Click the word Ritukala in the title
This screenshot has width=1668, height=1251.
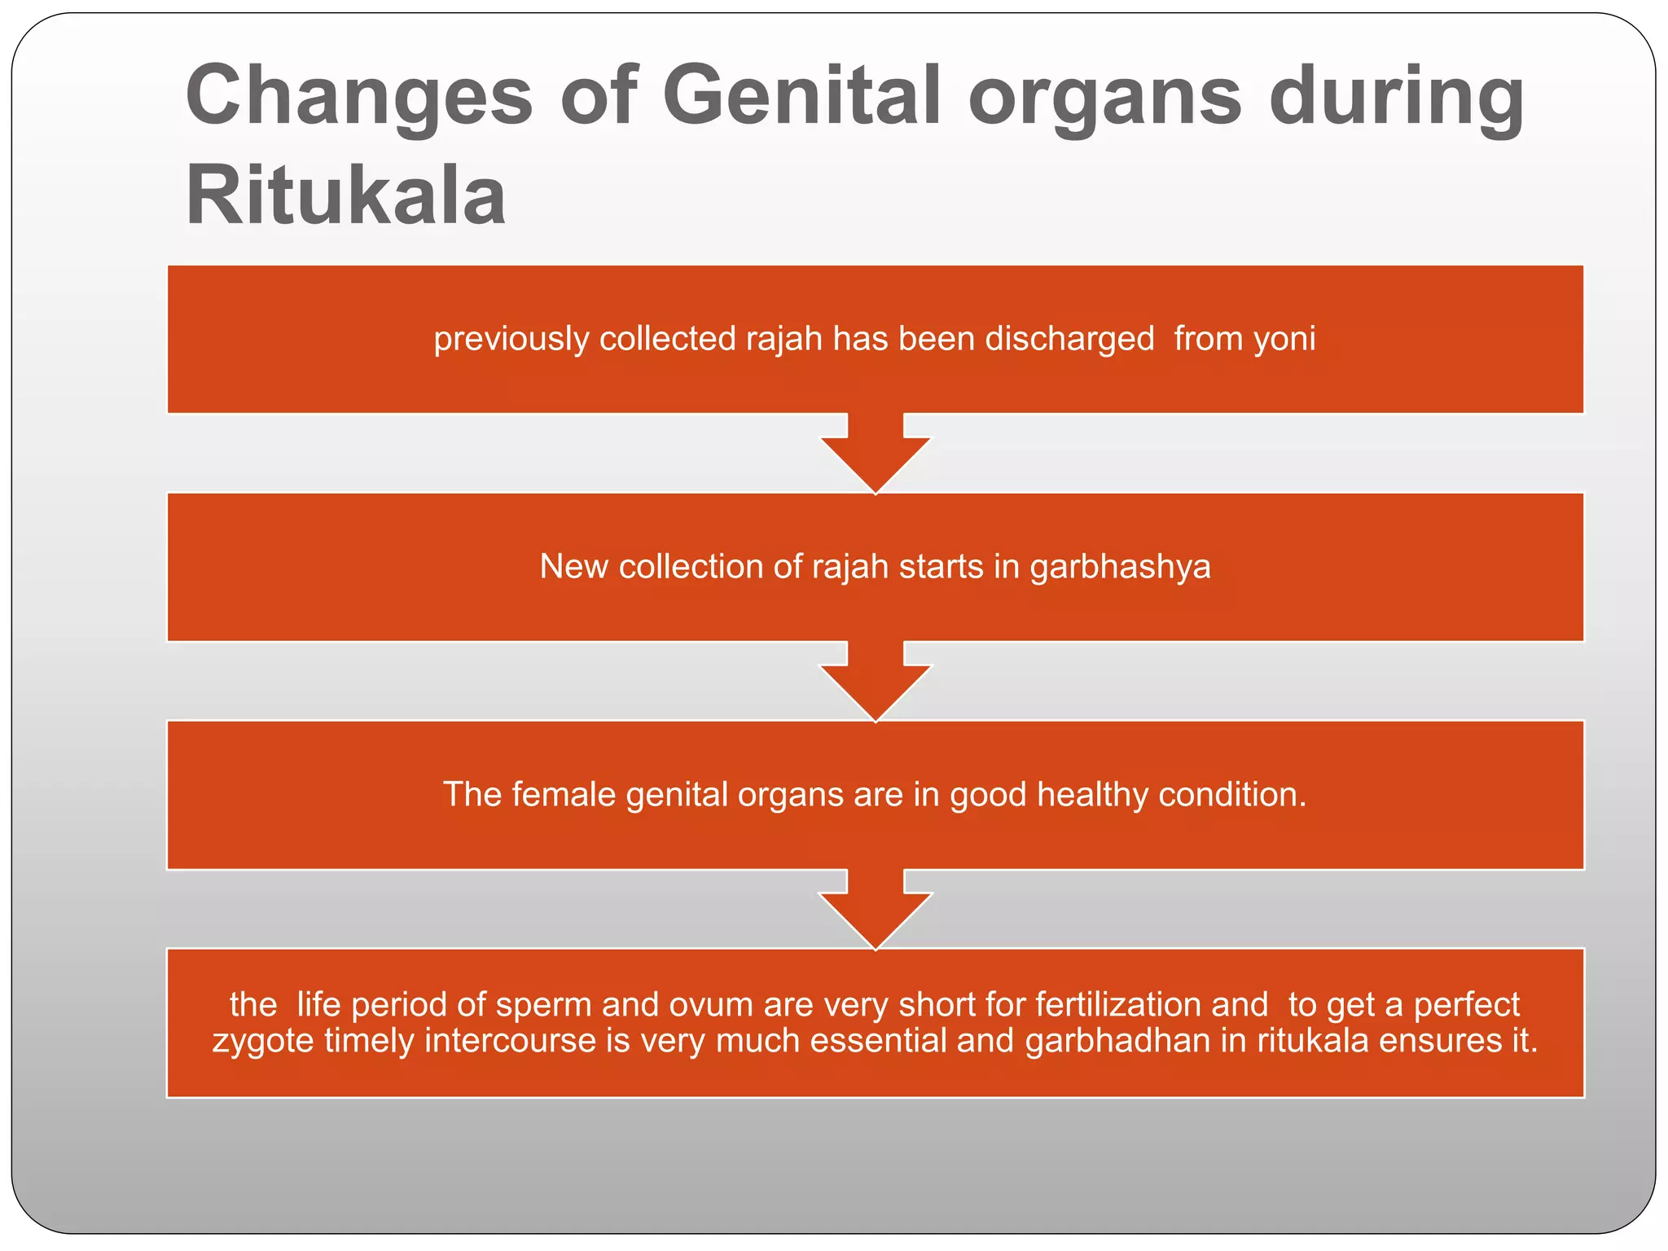click(345, 195)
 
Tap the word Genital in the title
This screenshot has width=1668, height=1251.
click(801, 96)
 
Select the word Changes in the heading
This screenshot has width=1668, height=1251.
click(359, 96)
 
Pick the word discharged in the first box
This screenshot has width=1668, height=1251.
click(1069, 339)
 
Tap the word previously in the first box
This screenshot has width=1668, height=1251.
click(511, 339)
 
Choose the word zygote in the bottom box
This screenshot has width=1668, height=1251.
click(262, 1041)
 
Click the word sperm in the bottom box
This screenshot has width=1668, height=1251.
click(543, 1005)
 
